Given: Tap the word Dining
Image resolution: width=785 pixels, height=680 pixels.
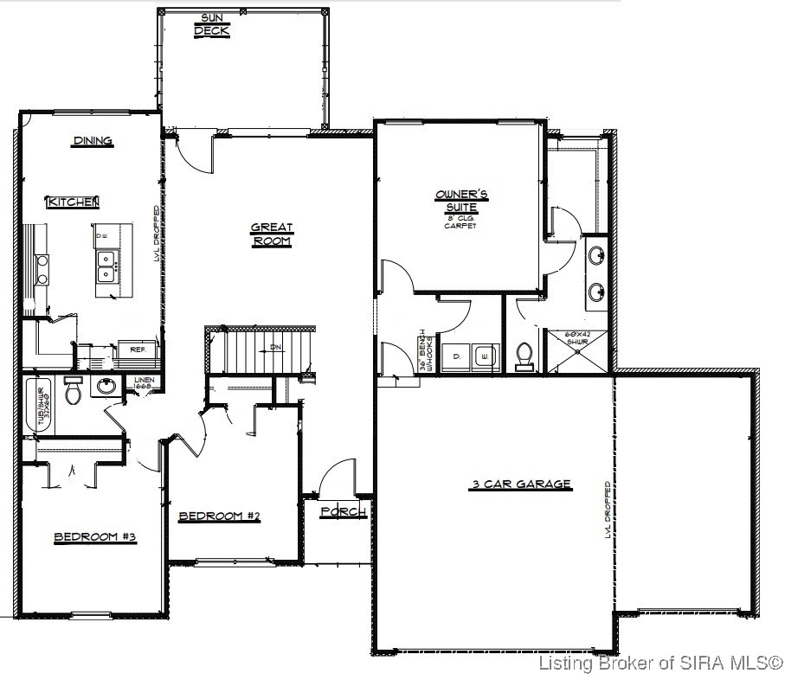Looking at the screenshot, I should click(93, 141).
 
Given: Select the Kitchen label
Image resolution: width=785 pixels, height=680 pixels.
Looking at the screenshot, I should click(74, 202).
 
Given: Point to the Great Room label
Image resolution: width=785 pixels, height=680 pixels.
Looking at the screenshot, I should click(272, 234).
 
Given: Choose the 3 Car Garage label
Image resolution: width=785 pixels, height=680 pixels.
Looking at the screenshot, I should click(521, 485).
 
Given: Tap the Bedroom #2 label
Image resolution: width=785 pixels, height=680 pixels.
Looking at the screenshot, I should click(219, 516).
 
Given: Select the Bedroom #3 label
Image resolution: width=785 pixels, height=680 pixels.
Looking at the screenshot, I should click(95, 537).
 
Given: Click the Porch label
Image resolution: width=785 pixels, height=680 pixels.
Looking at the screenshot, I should click(343, 512).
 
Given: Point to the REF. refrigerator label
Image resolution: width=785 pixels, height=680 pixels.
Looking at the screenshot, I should click(137, 350).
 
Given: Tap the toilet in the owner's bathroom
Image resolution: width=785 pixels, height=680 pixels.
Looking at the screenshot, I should click(524, 356).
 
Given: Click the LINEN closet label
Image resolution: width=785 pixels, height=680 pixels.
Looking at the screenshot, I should click(143, 383).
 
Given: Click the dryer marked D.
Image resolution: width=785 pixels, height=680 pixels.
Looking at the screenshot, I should click(455, 355).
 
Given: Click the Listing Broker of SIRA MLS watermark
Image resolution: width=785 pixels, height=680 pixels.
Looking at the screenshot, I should click(660, 664).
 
